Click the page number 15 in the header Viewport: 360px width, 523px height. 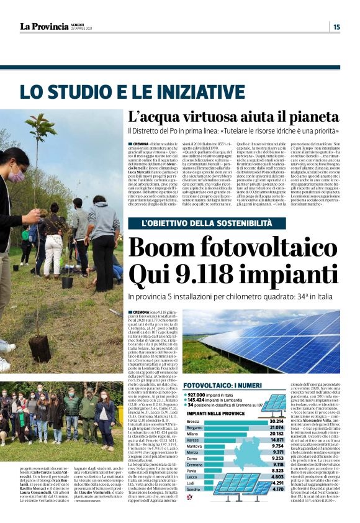tap(336, 26)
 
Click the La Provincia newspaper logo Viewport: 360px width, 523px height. tap(43, 26)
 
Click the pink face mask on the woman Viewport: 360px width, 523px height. tap(13, 175)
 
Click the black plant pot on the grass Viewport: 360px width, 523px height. tap(67, 282)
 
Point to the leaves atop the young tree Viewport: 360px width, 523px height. tap(41, 127)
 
